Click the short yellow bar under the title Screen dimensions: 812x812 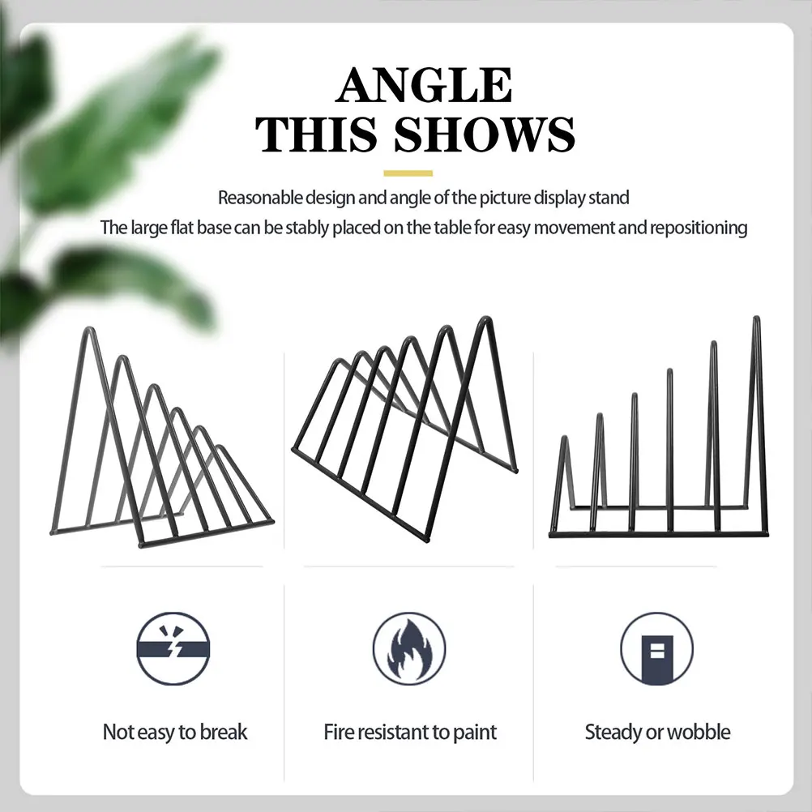coord(408,173)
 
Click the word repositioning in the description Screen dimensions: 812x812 coord(698,228)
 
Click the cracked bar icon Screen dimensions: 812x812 coord(173,648)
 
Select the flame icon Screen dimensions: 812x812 coord(409,648)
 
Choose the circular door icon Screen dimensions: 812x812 coord(656,648)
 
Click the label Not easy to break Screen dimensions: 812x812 coord(175,733)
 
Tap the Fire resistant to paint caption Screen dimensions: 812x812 coord(410,733)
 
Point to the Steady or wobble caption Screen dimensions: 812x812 coord(657,733)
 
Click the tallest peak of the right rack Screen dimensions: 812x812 coord(757,320)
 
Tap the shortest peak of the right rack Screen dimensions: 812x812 coord(565,440)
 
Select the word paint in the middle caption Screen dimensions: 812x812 coord(475,733)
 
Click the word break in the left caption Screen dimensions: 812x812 coord(224,733)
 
